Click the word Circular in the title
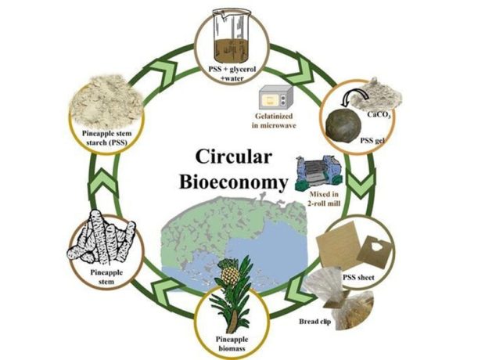234,157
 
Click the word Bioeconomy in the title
234,182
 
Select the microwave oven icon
276,98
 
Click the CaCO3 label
379,114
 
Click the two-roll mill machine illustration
319,172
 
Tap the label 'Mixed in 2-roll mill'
324,199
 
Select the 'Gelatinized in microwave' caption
274,121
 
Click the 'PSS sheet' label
358,277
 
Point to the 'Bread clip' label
315,322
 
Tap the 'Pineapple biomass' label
232,344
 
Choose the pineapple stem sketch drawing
101,237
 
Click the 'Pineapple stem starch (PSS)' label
106,138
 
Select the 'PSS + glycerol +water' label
232,73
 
